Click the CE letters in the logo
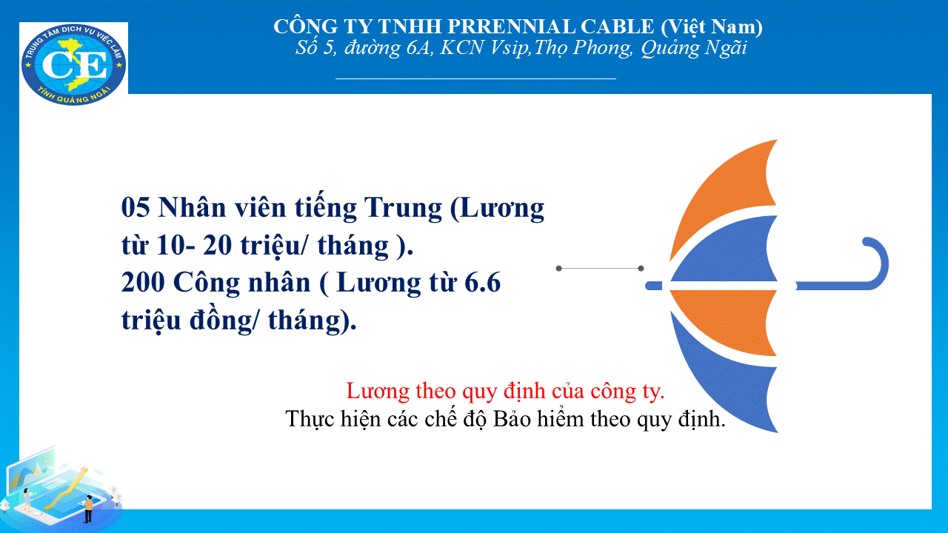75,65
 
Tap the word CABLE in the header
617,27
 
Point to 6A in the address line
418,47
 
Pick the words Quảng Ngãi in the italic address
694,48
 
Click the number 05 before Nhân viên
136,207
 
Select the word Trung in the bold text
403,208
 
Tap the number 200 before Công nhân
143,282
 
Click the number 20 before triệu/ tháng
217,245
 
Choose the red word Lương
378,390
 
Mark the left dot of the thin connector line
558,268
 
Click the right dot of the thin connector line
641,268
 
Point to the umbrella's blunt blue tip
653,286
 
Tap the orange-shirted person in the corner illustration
88,509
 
